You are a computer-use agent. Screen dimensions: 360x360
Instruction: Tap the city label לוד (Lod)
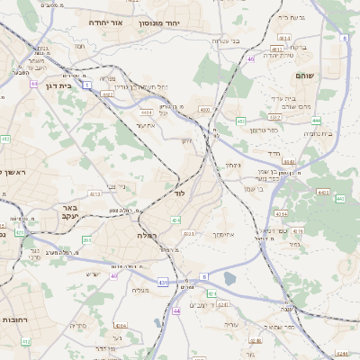pos(178,193)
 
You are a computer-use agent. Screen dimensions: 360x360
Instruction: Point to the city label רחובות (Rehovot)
pos(16,319)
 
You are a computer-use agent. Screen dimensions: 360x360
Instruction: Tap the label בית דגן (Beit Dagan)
pos(57,85)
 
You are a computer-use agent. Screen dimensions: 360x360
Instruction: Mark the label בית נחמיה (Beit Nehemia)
pos(317,134)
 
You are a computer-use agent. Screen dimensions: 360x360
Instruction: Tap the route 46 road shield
pos(251,59)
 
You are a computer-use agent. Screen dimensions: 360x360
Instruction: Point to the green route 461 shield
pos(240,120)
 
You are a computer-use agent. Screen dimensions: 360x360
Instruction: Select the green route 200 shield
pos(87,240)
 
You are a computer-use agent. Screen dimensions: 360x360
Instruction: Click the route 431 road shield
pos(164,283)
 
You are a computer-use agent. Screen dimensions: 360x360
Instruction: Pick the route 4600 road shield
pos(204,109)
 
